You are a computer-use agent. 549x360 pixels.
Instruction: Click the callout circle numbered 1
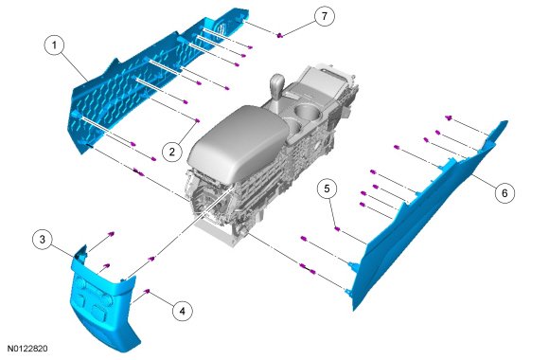tap(54, 45)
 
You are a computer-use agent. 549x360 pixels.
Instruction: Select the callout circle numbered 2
tap(172, 152)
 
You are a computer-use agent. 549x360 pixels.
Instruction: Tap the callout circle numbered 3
tap(42, 240)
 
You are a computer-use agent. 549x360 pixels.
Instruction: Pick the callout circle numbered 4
tap(183, 311)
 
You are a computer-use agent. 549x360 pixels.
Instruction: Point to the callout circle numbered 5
tap(327, 189)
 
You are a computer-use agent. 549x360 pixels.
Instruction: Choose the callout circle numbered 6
tap(505, 193)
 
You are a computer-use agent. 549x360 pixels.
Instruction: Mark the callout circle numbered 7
tap(325, 16)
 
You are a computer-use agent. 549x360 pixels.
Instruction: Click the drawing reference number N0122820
tap(27, 349)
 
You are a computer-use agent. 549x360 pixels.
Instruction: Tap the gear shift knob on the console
tap(277, 82)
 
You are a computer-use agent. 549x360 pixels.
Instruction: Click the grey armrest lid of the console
tap(239, 141)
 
